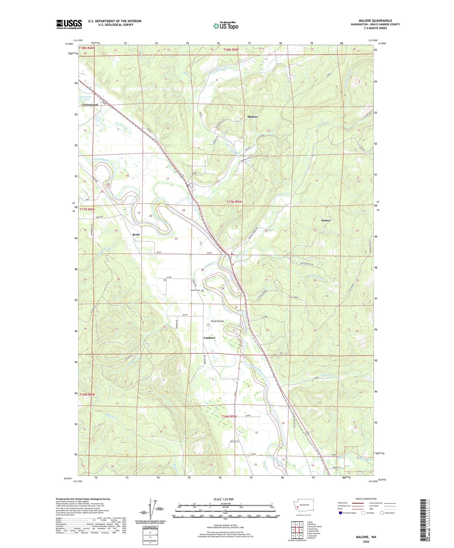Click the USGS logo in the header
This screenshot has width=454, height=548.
pyautogui.click(x=69, y=24)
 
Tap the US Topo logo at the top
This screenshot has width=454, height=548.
pyautogui.click(x=226, y=26)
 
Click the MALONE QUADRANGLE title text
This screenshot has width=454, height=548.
pyautogui.click(x=375, y=21)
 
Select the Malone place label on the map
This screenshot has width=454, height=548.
pyautogui.click(x=252, y=117)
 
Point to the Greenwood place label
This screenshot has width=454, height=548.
pyautogui.click(x=90, y=105)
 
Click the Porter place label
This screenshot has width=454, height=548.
pyautogui.click(x=325, y=220)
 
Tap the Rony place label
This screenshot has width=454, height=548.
pyautogui.click(x=136, y=234)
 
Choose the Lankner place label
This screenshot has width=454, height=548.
pyautogui.click(x=210, y=338)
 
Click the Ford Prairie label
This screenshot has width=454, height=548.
pyautogui.click(x=217, y=321)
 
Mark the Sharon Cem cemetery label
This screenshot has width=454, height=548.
pyautogui.click(x=196, y=290)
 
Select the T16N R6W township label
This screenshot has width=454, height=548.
pyautogui.click(x=87, y=395)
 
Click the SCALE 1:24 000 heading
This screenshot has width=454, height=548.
pyautogui.click(x=223, y=499)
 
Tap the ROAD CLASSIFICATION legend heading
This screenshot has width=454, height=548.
pyautogui.click(x=366, y=499)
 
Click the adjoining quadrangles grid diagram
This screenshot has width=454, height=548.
pyautogui.click(x=296, y=530)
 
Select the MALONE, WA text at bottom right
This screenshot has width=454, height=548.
pyautogui.click(x=366, y=537)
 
